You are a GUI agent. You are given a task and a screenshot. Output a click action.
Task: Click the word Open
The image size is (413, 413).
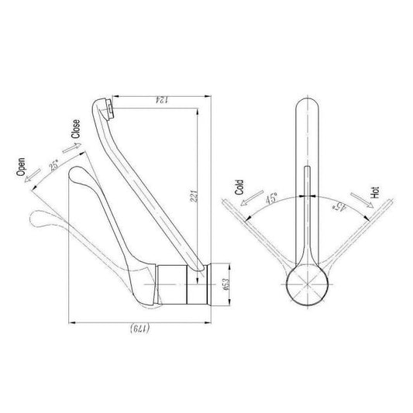(21, 167)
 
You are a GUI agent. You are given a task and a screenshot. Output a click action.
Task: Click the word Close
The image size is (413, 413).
(76, 129)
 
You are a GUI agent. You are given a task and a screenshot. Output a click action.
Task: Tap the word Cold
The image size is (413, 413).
(239, 188)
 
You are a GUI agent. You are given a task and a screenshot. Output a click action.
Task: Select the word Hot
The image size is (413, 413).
(375, 192)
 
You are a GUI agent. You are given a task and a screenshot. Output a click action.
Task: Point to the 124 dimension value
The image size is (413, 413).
(161, 100)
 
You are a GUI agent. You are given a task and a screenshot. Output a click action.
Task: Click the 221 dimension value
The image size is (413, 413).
(194, 196)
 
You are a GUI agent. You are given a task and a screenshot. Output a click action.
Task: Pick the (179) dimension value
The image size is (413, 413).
(140, 329)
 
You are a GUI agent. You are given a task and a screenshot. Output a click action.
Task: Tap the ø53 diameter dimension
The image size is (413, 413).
(226, 284)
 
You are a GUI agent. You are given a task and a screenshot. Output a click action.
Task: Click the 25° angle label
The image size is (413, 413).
(54, 165)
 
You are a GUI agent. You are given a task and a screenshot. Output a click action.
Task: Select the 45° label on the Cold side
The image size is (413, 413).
(271, 198)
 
